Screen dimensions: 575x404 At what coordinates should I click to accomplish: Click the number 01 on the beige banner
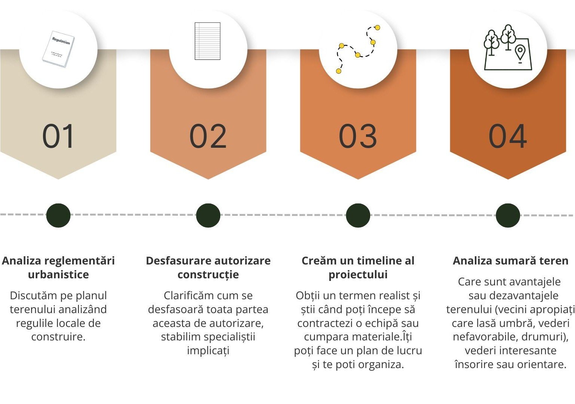tap(58, 136)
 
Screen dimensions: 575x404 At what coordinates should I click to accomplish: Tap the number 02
tap(208, 136)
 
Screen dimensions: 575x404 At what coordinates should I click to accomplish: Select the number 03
tap(358, 136)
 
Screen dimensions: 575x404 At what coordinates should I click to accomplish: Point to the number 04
tap(508, 136)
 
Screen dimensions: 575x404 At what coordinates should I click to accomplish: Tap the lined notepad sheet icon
tap(207, 41)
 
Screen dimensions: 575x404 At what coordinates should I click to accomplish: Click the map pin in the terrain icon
tap(520, 53)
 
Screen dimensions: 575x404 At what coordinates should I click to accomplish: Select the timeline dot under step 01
tap(58, 215)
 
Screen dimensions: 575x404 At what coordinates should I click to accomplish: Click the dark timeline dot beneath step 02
tap(208, 215)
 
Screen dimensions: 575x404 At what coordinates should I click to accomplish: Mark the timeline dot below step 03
tap(358, 215)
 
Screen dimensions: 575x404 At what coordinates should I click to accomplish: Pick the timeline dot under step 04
tap(508, 215)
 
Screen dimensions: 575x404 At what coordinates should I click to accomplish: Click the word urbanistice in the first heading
tap(58, 275)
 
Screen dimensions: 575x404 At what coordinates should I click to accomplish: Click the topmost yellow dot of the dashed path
tap(377, 27)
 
